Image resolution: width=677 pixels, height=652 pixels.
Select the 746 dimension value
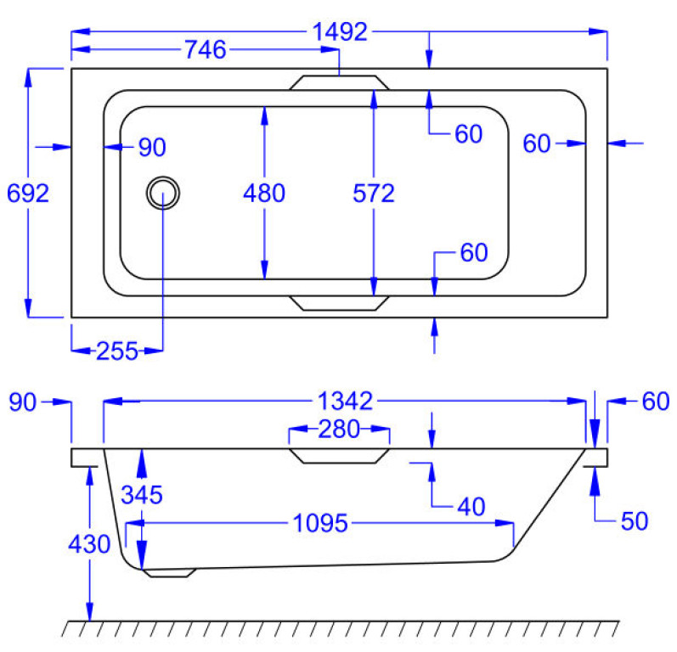(x=205, y=51)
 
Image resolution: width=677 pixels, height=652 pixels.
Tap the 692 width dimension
(x=27, y=193)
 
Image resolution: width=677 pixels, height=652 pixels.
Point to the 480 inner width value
(x=263, y=194)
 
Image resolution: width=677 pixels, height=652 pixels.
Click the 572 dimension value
(x=374, y=194)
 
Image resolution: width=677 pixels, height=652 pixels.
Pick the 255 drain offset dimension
(x=117, y=351)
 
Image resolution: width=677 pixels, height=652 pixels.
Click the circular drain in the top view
(x=162, y=193)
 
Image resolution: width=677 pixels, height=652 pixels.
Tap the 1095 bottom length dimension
(x=319, y=524)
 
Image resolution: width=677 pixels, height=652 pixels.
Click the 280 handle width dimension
(x=340, y=429)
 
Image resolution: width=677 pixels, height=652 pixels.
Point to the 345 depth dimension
(x=141, y=494)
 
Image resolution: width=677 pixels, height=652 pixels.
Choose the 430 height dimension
(x=89, y=544)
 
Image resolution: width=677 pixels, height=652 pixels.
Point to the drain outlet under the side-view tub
(x=169, y=574)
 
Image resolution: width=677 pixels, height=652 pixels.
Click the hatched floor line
(x=340, y=628)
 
